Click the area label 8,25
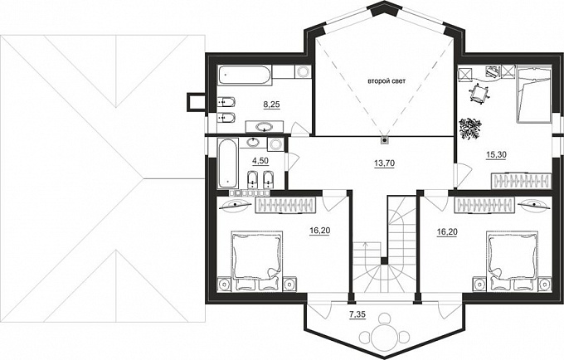[x=271, y=105]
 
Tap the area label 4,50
[x=260, y=161]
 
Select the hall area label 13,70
[x=385, y=163]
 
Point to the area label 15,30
[x=496, y=154]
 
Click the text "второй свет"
[x=387, y=81]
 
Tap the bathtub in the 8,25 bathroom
[x=246, y=75]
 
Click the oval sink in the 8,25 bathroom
[x=265, y=127]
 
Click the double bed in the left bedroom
[x=257, y=260]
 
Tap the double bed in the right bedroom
[x=513, y=260]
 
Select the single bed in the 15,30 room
[x=534, y=95]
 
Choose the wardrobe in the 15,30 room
[x=521, y=181]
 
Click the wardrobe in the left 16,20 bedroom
[x=285, y=205]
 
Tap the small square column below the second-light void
[x=385, y=139]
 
